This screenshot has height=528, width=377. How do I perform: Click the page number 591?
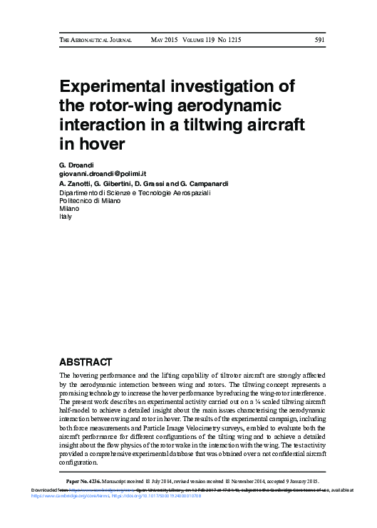(x=319, y=40)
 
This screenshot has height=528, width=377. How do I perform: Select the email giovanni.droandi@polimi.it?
(x=103, y=174)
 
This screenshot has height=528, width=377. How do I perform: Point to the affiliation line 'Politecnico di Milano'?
(x=90, y=200)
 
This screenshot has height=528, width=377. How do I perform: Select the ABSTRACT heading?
(x=86, y=361)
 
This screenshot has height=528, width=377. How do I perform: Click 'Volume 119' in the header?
(x=205, y=40)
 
